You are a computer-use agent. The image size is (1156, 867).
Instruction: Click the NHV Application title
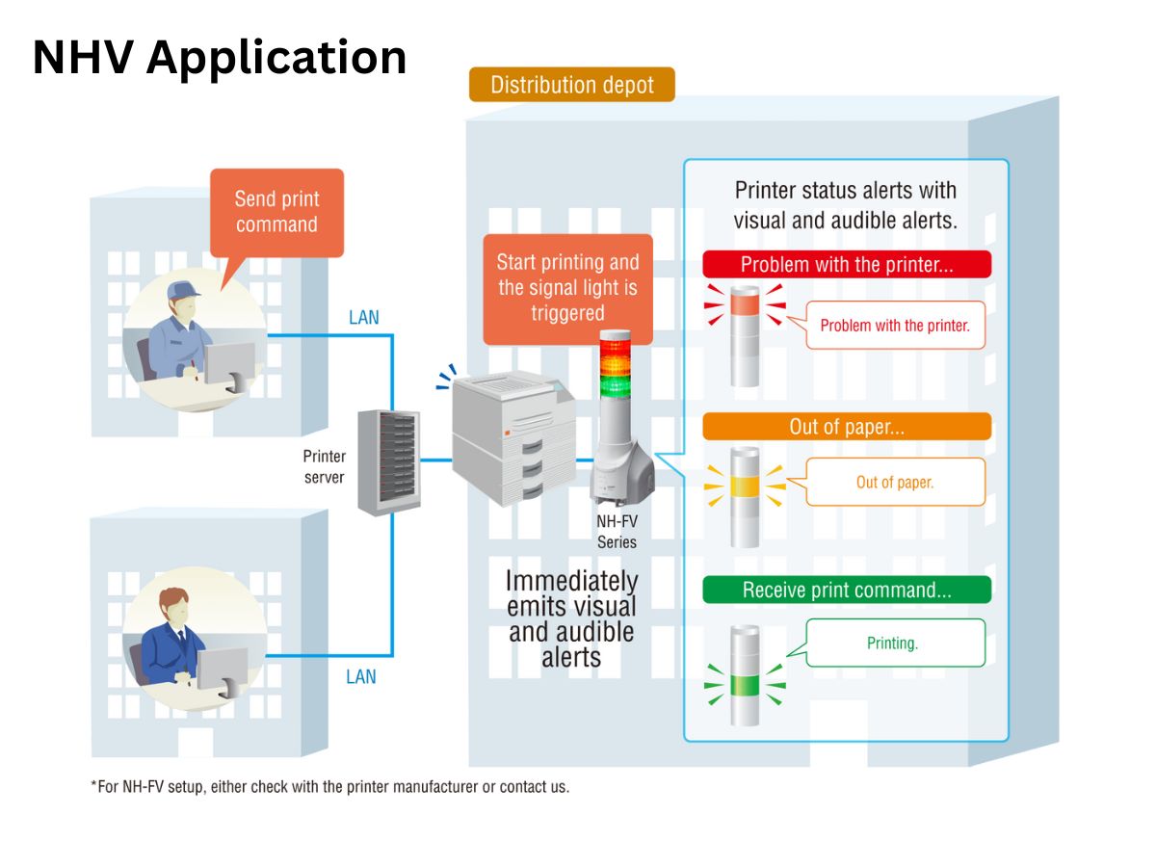219,58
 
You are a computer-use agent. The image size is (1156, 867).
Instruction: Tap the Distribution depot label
571,84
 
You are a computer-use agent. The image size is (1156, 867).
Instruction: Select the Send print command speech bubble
276,213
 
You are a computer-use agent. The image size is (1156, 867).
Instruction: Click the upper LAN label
363,318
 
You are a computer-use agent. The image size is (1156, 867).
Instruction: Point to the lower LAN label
360,676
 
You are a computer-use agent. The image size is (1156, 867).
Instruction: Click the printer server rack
388,462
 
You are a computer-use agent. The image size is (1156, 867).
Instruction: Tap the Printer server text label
324,466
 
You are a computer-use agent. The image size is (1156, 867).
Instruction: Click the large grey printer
513,438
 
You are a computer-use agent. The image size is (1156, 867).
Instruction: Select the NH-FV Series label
617,532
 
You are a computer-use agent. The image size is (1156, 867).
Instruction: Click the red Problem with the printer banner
847,264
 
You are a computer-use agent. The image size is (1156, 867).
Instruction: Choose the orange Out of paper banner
847,427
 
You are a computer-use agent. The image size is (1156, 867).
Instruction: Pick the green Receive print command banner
847,590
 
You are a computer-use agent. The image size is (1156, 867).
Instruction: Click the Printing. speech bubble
895,643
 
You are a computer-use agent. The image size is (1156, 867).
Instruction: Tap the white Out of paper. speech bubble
895,482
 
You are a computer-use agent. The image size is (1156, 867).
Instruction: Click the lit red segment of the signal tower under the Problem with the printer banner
745,304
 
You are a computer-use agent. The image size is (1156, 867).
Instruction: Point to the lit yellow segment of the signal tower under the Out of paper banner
745,486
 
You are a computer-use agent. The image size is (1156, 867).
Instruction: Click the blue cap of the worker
183,291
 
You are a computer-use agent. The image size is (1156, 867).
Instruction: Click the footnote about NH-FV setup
330,786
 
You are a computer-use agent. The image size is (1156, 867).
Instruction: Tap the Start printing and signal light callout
567,288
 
